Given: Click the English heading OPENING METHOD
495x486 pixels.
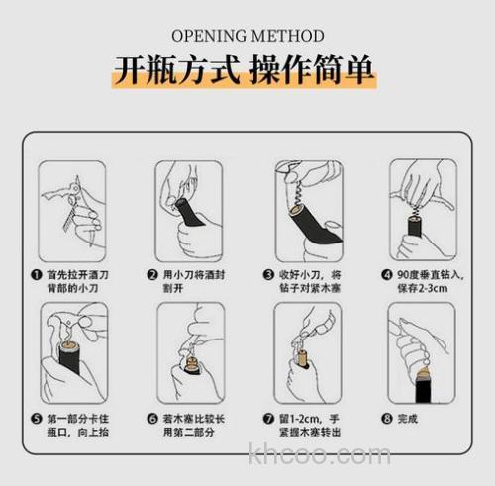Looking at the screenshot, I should pos(247,37).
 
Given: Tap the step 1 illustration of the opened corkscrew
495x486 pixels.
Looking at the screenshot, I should pos(72,210).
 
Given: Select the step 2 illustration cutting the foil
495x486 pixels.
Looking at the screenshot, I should pos(188,210).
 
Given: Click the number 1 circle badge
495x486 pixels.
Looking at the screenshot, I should pos(37,274).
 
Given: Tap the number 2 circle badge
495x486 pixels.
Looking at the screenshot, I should pos(153,274).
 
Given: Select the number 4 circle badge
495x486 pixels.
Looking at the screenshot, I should pos(387,274).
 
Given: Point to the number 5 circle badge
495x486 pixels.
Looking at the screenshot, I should pos(37,418).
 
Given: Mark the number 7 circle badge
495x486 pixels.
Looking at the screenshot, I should pos(269,418).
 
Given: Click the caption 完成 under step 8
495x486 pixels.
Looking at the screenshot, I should pos(410,418).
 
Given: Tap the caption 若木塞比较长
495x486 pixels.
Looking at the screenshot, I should pos(194,418).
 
